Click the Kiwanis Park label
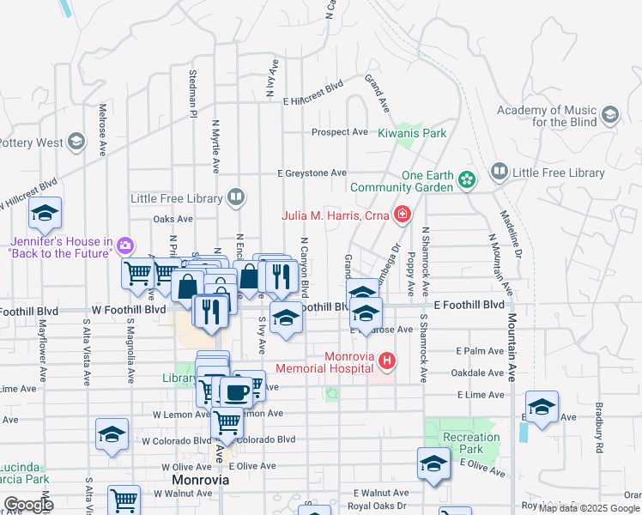coord(413,133)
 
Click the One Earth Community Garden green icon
coord(465,180)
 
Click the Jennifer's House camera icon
coord(126,245)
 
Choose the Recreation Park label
coord(471,443)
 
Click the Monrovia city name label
coord(200,480)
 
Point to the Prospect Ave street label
coord(340,132)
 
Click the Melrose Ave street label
coord(102,130)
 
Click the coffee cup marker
coord(236,391)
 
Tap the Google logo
coord(28,504)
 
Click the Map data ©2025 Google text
coord(589,508)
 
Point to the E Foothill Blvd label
coord(469,305)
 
